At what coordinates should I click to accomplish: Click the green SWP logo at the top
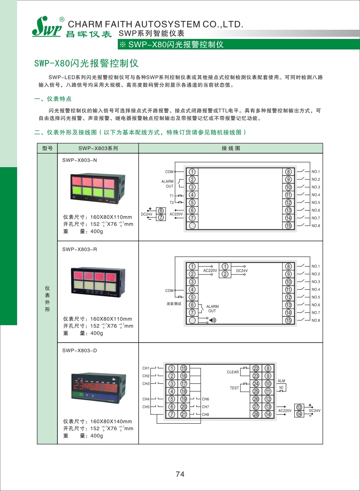pyautogui.click(x=46, y=27)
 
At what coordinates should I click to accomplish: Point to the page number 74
pyautogui.click(x=180, y=474)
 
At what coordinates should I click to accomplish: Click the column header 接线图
pyautogui.click(x=231, y=148)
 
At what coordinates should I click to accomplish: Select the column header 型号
pyautogui.click(x=47, y=148)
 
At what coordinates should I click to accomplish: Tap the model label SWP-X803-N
pyautogui.click(x=79, y=160)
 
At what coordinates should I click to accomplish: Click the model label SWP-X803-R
pyautogui.click(x=79, y=249)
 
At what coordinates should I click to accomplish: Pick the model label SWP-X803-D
pyautogui.click(x=79, y=351)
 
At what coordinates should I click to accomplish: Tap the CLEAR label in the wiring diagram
pyautogui.click(x=233, y=372)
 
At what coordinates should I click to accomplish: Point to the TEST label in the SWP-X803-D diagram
pyautogui.click(x=234, y=388)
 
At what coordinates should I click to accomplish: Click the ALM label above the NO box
pyautogui.click(x=281, y=382)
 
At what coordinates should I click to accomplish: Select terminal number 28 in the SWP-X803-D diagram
pyautogui.click(x=256, y=414)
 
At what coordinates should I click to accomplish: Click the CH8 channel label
pyautogui.click(x=205, y=414)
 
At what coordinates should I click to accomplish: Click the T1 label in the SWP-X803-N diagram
pyautogui.click(x=172, y=195)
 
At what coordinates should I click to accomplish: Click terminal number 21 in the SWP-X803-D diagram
pyautogui.click(x=184, y=414)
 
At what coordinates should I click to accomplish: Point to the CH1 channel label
pyautogui.click(x=146, y=368)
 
